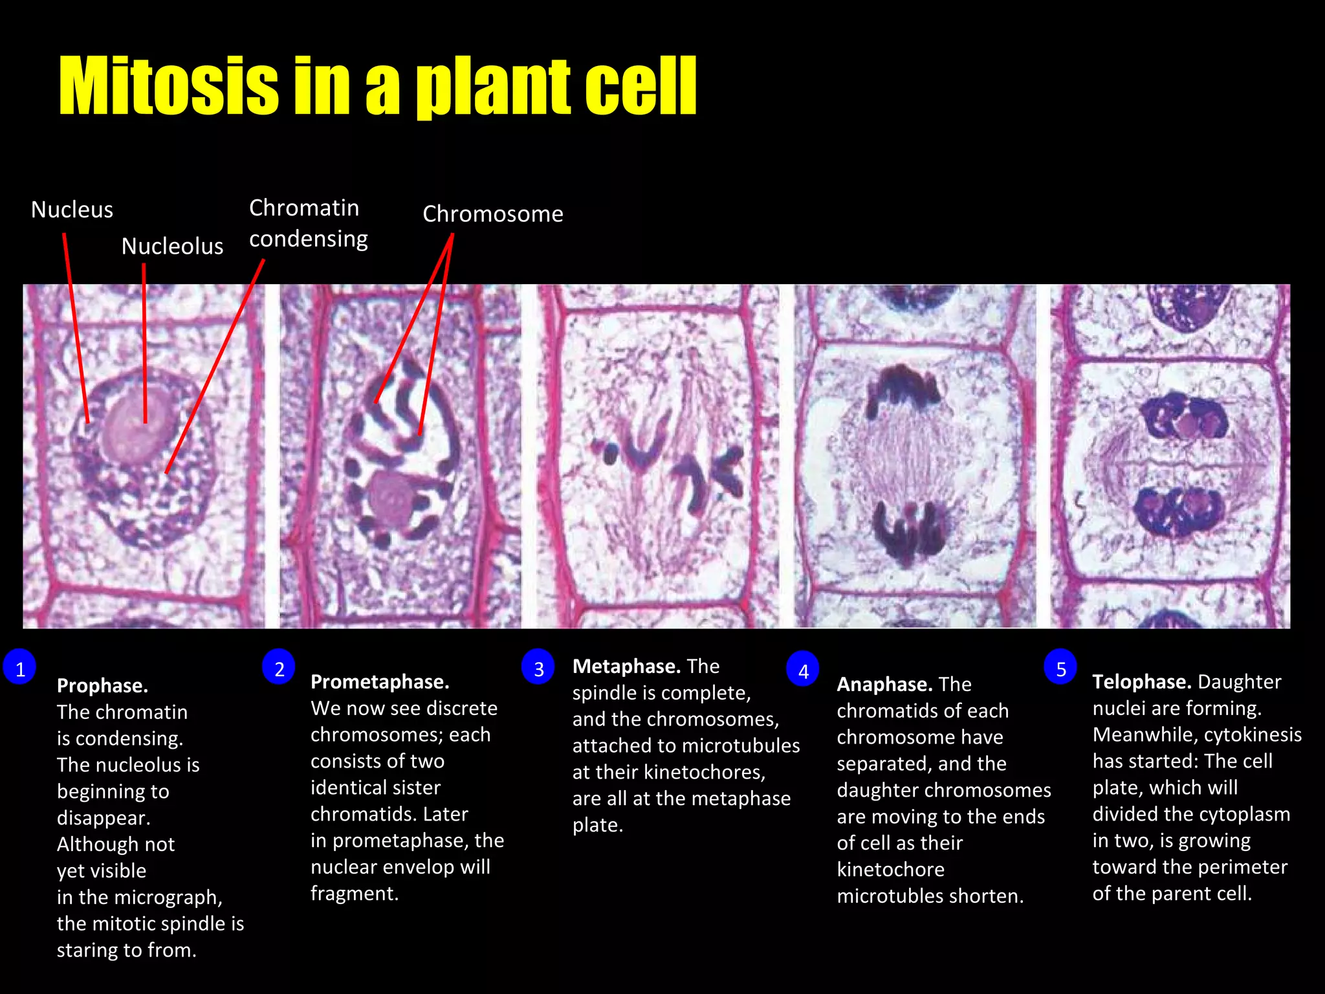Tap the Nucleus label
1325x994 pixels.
[x=72, y=210]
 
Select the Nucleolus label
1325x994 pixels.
[x=172, y=247]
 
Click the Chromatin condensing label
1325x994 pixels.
[x=308, y=223]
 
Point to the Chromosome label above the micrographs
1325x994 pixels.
[x=492, y=214]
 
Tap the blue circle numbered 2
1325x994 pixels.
[x=279, y=668]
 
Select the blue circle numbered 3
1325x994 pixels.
[x=538, y=668]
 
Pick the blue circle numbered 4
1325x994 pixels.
[x=803, y=670]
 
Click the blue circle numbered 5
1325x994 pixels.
[x=1060, y=668]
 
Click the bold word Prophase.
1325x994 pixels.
[x=102, y=686]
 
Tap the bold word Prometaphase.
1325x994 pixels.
[x=380, y=682]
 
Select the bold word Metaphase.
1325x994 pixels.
[x=626, y=667]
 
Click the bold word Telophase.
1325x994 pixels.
[x=1141, y=682]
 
